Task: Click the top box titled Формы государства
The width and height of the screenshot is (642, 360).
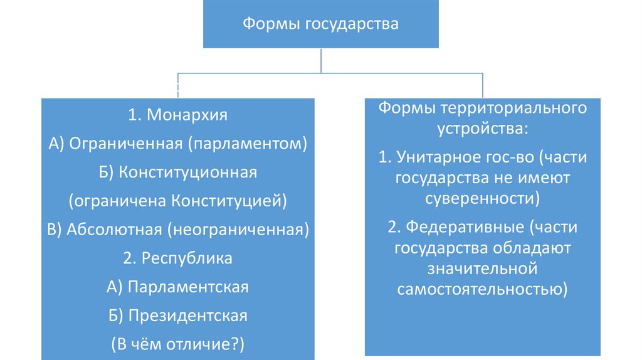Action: click(320, 25)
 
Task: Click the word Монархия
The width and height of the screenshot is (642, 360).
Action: click(187, 115)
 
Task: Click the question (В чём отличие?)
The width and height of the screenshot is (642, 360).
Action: click(178, 344)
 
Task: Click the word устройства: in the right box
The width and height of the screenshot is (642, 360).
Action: click(483, 130)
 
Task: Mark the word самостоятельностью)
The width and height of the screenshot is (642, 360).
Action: click(483, 290)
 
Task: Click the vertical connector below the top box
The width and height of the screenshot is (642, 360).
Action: click(321, 61)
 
